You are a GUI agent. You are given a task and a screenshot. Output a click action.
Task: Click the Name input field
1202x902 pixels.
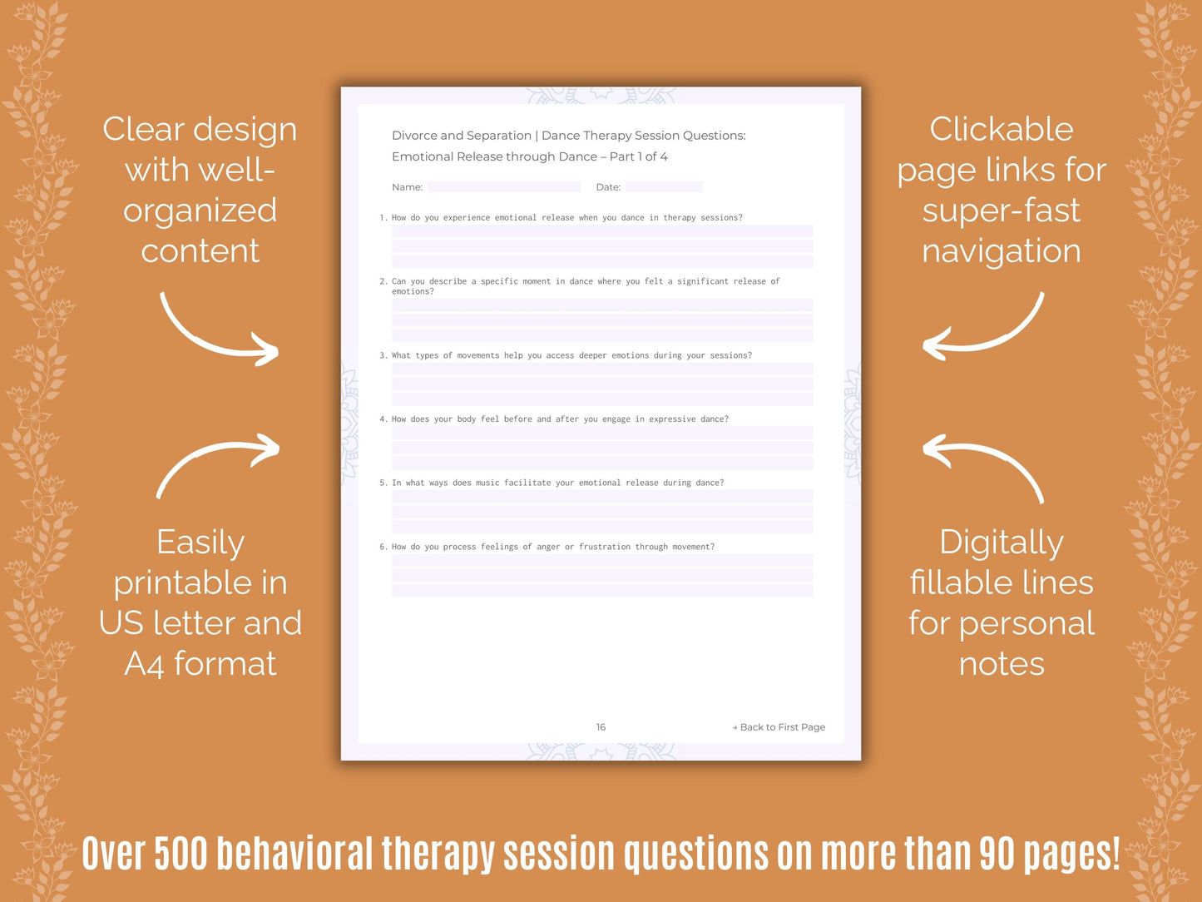coord(503,187)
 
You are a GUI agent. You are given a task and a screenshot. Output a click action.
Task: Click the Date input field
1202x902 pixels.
coord(663,187)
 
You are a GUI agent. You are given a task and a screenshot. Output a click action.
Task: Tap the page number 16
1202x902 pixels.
coord(601,727)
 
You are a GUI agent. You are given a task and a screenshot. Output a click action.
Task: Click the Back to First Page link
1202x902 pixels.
coord(779,727)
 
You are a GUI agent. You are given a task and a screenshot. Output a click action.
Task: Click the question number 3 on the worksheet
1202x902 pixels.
coord(383,355)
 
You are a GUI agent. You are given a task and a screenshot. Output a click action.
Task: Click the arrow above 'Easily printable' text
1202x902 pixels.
coord(219,462)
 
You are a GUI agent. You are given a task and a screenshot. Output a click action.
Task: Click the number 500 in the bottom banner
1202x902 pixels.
coord(181,854)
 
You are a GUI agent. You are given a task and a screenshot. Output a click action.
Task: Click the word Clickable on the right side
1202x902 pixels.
coord(1002,129)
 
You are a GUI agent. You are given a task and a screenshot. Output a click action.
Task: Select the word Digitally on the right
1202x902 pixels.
coord(1002,543)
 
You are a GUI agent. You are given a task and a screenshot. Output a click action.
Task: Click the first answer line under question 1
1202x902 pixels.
coord(602,231)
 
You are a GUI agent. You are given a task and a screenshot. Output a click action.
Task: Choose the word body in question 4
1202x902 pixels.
coord(466,419)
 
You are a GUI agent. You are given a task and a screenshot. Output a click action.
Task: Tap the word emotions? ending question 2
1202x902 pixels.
coord(413,291)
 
